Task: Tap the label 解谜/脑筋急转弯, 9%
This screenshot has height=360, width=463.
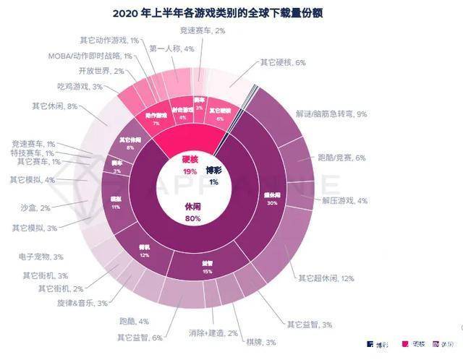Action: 332,113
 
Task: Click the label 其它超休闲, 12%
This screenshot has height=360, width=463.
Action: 326,278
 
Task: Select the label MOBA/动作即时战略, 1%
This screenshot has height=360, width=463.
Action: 90,56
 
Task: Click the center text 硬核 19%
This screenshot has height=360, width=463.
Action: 190,166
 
